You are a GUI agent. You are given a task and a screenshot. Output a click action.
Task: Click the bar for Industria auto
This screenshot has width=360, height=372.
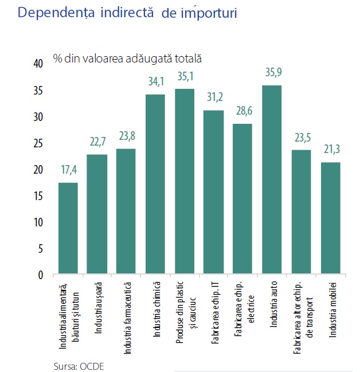click(x=272, y=180)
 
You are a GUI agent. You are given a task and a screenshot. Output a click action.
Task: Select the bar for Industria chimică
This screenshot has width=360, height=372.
click(x=155, y=185)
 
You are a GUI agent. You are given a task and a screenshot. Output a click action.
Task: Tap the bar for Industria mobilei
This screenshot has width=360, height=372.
click(x=331, y=218)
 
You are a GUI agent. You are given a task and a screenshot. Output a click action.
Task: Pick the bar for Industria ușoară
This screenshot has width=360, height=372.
click(x=97, y=214)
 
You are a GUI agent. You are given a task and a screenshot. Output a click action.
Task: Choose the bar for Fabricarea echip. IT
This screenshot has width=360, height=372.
click(x=214, y=193)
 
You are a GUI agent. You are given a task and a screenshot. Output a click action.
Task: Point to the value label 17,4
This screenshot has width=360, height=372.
click(x=68, y=170)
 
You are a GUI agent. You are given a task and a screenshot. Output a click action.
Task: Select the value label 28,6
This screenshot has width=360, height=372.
click(x=243, y=111)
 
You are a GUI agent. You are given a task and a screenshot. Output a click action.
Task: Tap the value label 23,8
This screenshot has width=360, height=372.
click(x=126, y=137)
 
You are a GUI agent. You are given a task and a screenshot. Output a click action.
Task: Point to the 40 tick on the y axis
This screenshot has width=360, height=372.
click(x=38, y=64)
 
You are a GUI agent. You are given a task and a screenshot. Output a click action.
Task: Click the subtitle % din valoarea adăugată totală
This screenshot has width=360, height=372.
click(x=127, y=58)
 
